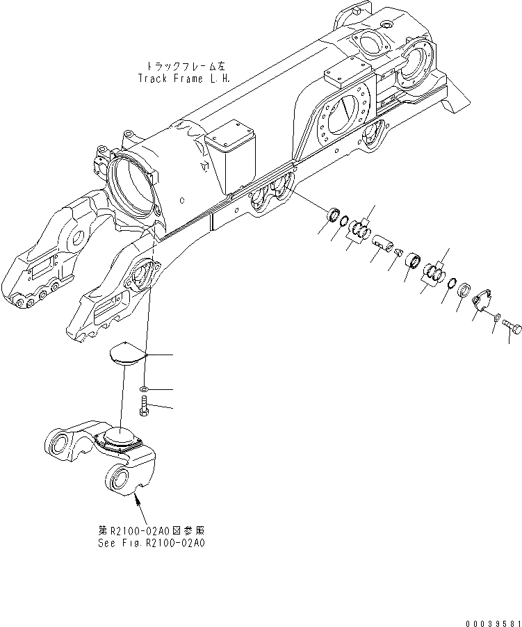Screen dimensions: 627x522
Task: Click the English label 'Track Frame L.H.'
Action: (x=182, y=76)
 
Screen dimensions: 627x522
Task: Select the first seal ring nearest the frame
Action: (x=334, y=213)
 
